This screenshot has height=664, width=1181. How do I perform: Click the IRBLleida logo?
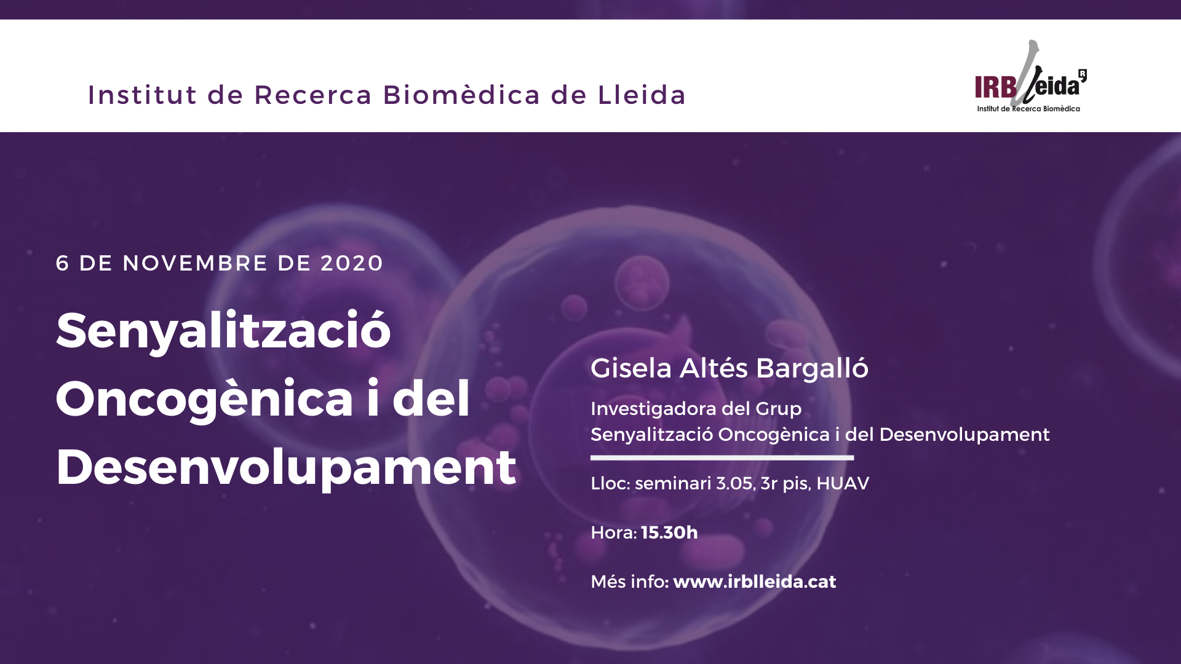pos(1031,76)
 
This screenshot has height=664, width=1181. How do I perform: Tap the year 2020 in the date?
pos(352,263)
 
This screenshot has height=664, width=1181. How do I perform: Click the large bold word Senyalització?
pos(223,330)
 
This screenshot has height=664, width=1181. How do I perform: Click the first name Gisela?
pos(631,368)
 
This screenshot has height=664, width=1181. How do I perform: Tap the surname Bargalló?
pos(812,368)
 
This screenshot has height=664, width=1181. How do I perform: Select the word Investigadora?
pos(653,409)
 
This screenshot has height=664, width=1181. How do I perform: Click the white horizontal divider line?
pos(722,457)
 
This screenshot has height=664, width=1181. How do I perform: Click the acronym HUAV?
pos(843,484)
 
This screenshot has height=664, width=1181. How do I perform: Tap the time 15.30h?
pos(669,532)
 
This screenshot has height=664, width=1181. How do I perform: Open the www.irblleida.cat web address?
pos(755,582)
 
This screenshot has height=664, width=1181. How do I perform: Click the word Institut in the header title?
pos(143,95)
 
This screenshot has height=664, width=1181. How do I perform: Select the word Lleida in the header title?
pos(642,95)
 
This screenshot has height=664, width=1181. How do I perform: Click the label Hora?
pos(614,532)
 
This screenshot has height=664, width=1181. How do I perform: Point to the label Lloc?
pos(610,484)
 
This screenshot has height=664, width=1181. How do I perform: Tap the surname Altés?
pos(714,368)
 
